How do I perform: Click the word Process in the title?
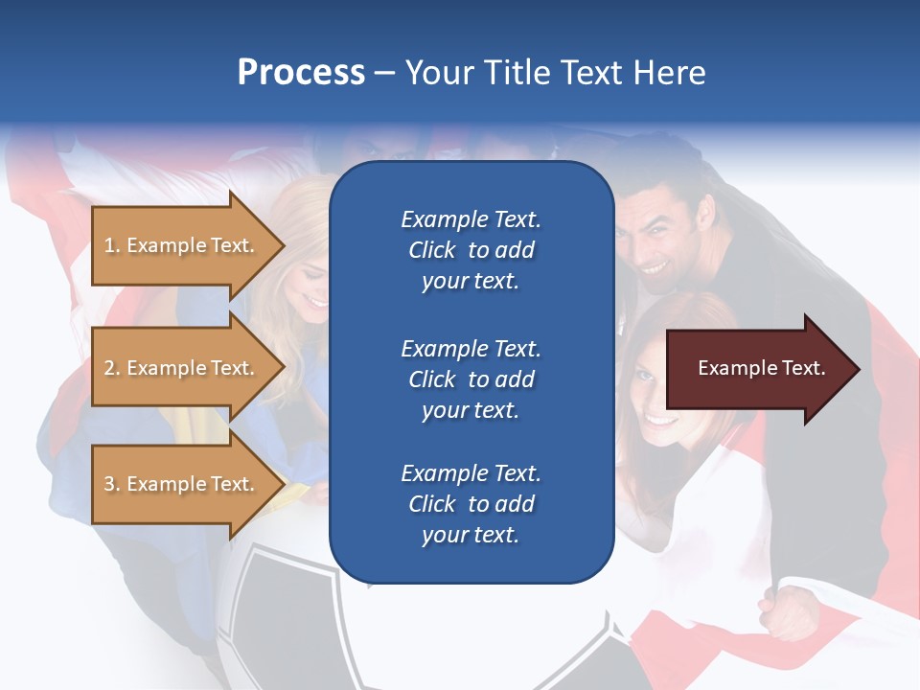point(301,73)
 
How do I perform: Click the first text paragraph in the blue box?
point(471,250)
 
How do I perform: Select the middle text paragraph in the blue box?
point(471,379)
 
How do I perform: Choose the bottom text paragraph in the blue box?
point(471,504)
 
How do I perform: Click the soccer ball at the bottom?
point(287,623)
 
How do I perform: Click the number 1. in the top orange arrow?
point(111,245)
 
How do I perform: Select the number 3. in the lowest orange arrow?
point(111,484)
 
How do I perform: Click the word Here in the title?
point(671,73)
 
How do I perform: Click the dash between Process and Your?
point(384,73)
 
